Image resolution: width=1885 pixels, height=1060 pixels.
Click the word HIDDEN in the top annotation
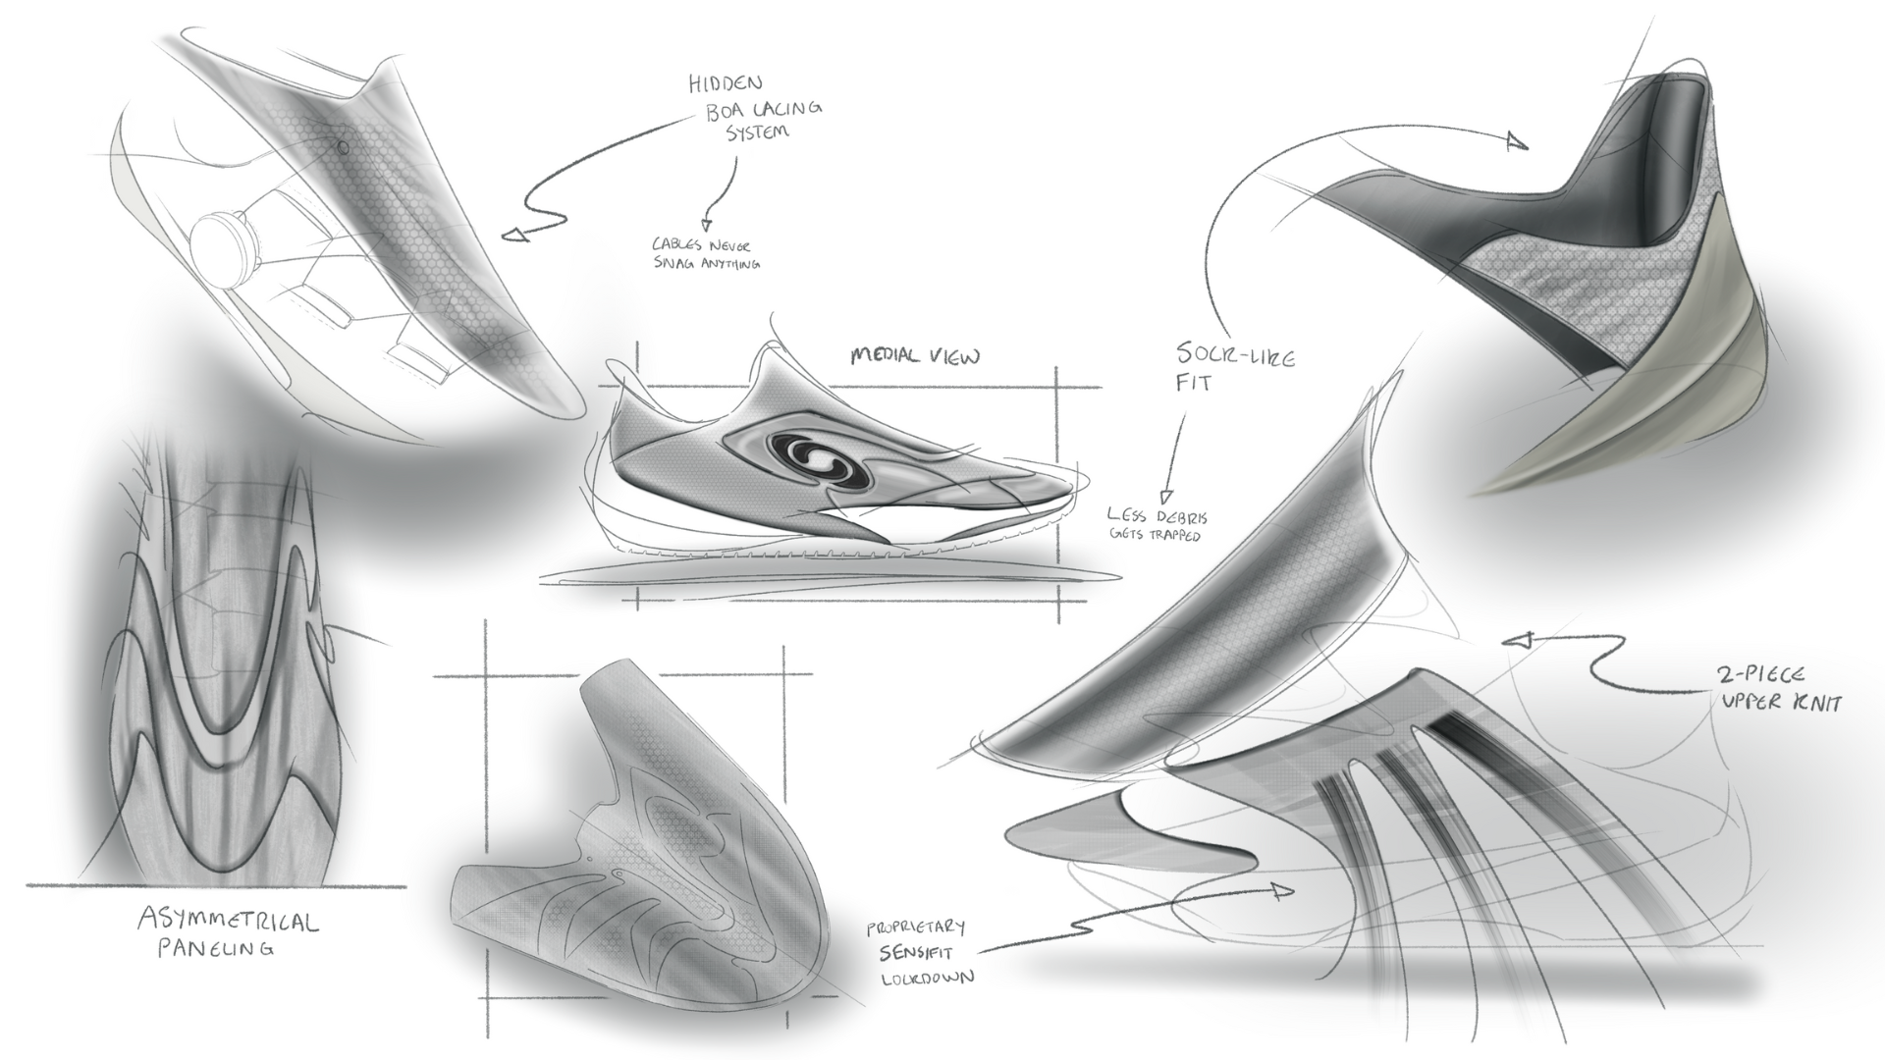click(x=726, y=84)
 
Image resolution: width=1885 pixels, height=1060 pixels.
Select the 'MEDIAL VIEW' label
click(x=914, y=356)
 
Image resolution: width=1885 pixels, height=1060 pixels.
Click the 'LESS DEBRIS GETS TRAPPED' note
click(x=1157, y=524)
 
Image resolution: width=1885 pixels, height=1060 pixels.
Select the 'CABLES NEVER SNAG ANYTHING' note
click(x=706, y=253)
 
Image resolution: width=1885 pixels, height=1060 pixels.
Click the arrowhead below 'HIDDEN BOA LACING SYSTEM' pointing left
click(x=514, y=235)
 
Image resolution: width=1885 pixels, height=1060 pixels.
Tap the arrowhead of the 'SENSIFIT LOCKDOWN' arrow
click(x=1281, y=890)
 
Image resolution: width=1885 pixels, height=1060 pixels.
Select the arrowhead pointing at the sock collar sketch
click(x=1517, y=143)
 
